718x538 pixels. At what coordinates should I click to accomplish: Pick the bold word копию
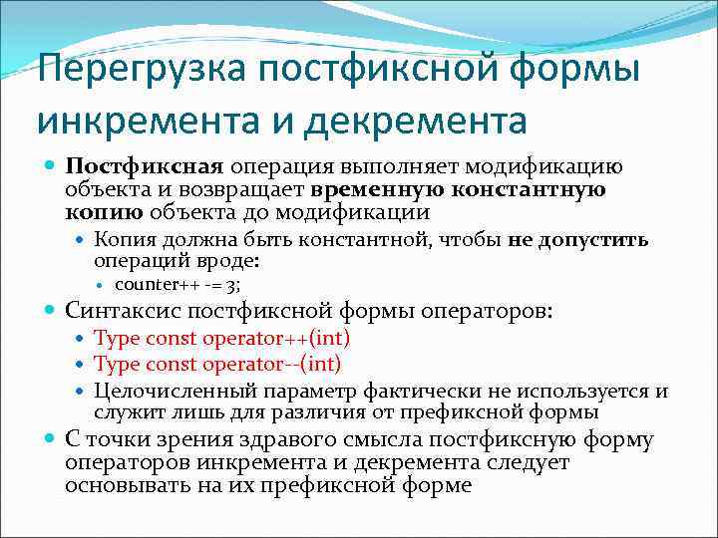(x=102, y=212)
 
